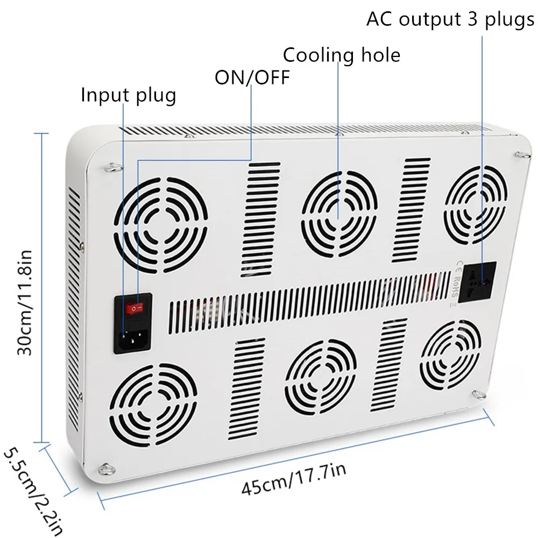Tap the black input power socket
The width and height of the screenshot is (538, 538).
click(x=132, y=337)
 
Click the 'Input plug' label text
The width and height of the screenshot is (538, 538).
click(x=129, y=95)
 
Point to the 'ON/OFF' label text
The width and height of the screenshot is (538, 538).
click(x=252, y=77)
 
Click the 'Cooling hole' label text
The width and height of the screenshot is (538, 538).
click(x=342, y=54)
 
